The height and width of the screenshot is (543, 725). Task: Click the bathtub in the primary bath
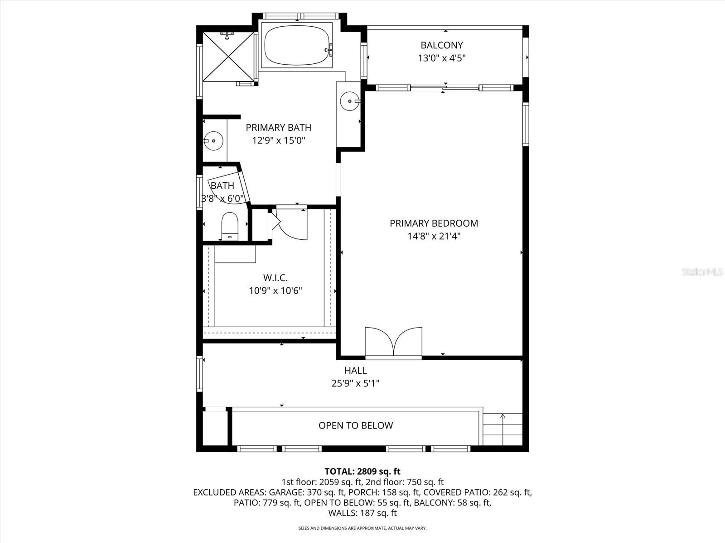pos(297,46)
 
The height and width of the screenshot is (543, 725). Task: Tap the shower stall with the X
pos(228,57)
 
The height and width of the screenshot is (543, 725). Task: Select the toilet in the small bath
pos(230,225)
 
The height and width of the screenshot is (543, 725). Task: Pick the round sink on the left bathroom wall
pos(213,141)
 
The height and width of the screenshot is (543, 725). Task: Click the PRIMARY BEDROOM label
pos(434,223)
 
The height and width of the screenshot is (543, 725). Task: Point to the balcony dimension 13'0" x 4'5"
pos(441,58)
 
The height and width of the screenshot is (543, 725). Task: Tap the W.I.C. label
pos(275,278)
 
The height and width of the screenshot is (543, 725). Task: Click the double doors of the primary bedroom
pos(394,343)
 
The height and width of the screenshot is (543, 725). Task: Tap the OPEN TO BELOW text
pos(356,425)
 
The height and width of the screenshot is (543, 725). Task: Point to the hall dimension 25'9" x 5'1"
pos(355,383)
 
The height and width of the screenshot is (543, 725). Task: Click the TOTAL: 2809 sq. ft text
pos(362,472)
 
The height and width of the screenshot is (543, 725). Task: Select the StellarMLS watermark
pos(703,272)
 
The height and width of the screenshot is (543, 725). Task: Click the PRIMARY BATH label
pos(278,128)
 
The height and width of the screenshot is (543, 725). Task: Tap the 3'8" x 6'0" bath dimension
pos(223,198)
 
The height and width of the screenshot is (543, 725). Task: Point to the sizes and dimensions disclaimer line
pos(362,528)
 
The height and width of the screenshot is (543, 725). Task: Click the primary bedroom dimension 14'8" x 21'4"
pos(434,236)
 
